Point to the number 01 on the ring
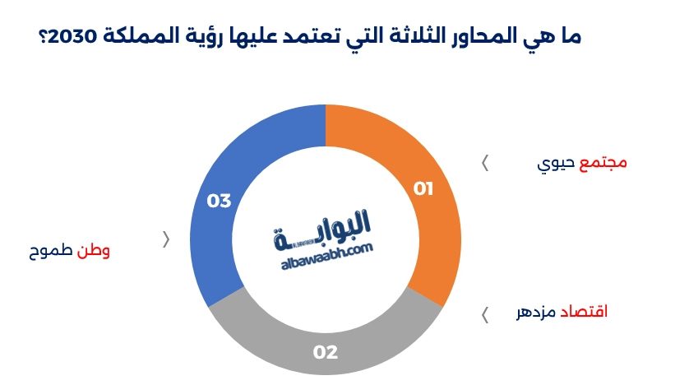(423, 189)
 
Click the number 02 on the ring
(326, 352)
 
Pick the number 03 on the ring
(219, 201)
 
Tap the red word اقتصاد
(584, 313)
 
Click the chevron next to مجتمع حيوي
(485, 163)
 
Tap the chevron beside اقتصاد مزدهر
(485, 314)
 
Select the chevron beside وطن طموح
(167, 239)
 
